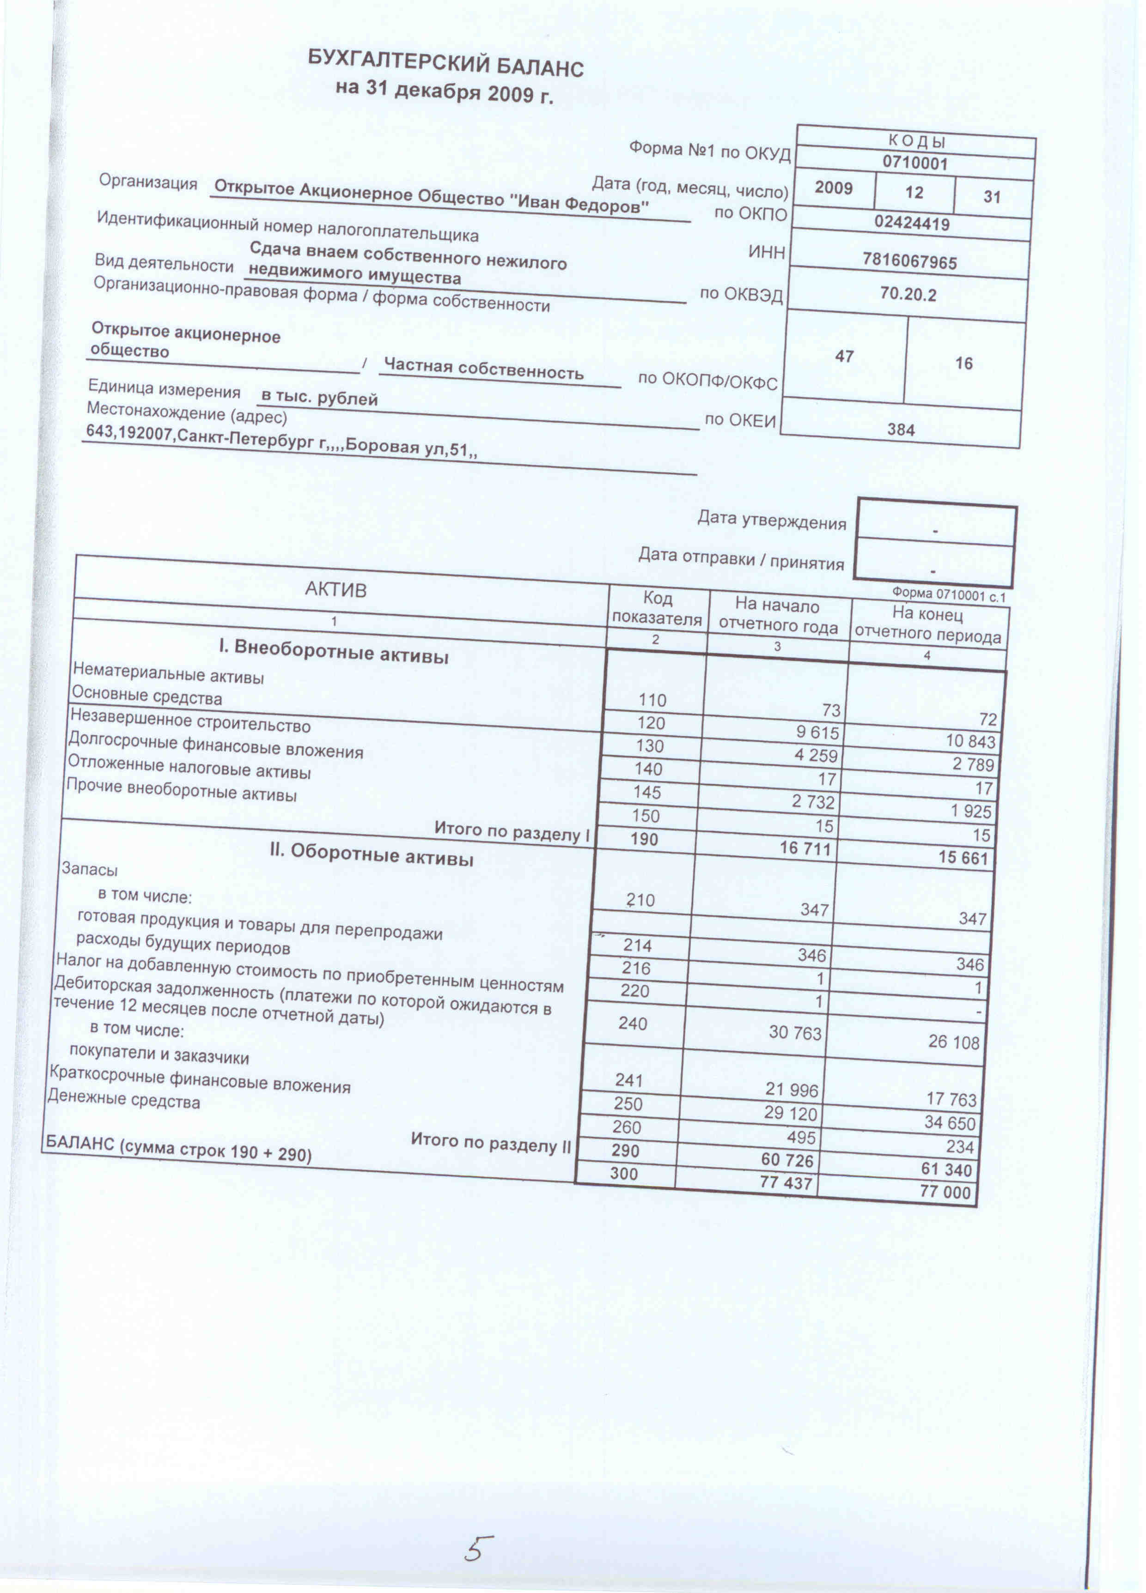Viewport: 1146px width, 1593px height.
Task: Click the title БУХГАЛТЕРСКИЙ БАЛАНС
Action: tap(445, 65)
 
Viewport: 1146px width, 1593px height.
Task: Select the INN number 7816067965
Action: tap(909, 261)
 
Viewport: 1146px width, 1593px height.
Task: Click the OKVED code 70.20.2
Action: tap(908, 294)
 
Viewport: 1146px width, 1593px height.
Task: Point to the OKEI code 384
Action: tap(901, 429)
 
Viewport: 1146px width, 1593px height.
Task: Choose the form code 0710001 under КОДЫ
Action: tap(915, 164)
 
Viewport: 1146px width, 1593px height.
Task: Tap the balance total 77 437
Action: tap(786, 1183)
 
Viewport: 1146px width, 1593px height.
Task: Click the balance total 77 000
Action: tap(945, 1192)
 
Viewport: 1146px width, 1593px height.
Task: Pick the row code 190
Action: tap(644, 839)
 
